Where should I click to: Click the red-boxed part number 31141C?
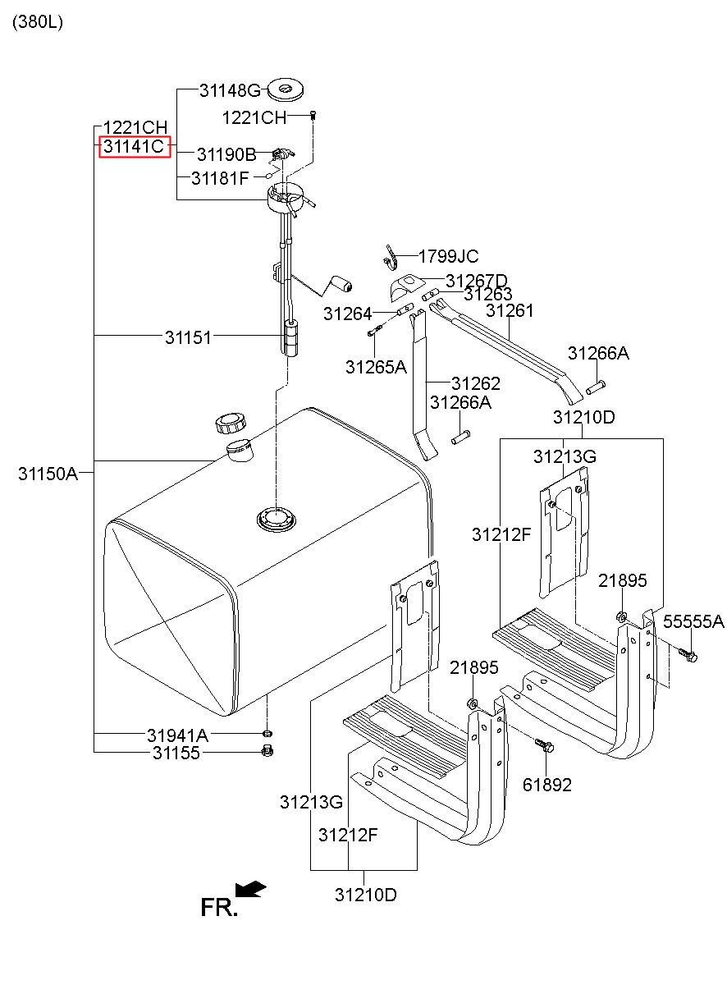134,146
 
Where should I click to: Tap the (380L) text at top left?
38,21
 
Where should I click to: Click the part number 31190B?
226,154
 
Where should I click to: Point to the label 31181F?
220,178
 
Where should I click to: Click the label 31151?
188,337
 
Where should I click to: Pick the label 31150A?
48,474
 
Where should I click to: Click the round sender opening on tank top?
277,518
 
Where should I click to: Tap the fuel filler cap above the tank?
231,424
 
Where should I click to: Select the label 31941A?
177,735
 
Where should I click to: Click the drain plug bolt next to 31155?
267,750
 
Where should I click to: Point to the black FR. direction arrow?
250,889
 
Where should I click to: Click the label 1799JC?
449,256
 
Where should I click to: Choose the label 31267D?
477,281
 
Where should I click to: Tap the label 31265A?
376,367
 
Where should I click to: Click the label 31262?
475,383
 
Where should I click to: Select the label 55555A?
693,621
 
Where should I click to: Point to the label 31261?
510,310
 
